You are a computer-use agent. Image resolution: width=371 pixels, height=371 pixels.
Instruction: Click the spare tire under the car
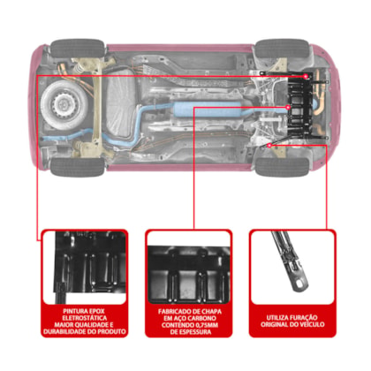point(64,103)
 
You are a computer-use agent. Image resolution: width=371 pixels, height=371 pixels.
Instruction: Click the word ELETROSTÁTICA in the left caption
point(85,318)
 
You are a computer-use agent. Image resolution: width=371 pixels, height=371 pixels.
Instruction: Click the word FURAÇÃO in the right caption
point(304,317)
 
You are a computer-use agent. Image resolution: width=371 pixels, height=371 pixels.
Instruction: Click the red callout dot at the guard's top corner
point(306,76)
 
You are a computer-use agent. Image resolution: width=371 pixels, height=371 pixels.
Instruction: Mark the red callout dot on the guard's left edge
point(289,108)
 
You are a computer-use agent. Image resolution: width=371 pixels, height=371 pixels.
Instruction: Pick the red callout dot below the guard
point(269,146)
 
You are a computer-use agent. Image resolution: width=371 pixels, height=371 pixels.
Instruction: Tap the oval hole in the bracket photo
point(300,284)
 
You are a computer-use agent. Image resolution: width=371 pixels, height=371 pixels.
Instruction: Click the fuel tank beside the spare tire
point(121,104)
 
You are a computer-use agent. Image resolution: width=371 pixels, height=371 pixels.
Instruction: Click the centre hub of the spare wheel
point(63,103)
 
